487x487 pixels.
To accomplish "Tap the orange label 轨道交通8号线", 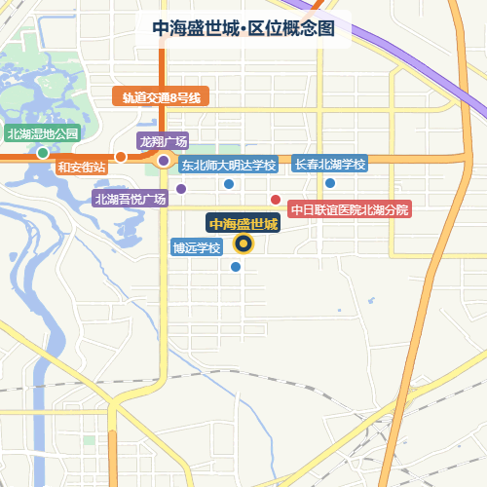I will click(x=161, y=97).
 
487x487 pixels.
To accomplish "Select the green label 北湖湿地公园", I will click(x=42, y=134).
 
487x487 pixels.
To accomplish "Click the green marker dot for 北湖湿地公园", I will click(x=43, y=153).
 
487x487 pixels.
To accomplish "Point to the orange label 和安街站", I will click(x=81, y=167).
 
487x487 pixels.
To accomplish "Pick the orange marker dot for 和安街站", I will click(x=121, y=157).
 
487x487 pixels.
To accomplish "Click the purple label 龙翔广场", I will click(x=163, y=141).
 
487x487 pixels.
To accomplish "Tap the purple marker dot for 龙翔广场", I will click(x=164, y=161).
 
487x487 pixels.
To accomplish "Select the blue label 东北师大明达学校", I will click(x=228, y=165).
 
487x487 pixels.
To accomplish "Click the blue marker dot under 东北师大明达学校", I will click(x=229, y=183).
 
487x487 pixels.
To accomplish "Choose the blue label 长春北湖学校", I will click(x=329, y=165).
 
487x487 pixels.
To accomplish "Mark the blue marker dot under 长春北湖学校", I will click(x=330, y=183).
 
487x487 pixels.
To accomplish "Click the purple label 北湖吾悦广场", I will click(x=131, y=199).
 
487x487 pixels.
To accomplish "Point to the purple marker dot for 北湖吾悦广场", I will click(x=181, y=189).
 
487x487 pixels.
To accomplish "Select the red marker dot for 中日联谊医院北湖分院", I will click(x=276, y=200).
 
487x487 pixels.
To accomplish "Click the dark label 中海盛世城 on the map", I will click(x=243, y=225).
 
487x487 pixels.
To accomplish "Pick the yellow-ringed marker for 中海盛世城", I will click(x=244, y=244).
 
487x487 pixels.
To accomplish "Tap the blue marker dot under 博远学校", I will click(x=235, y=266).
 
